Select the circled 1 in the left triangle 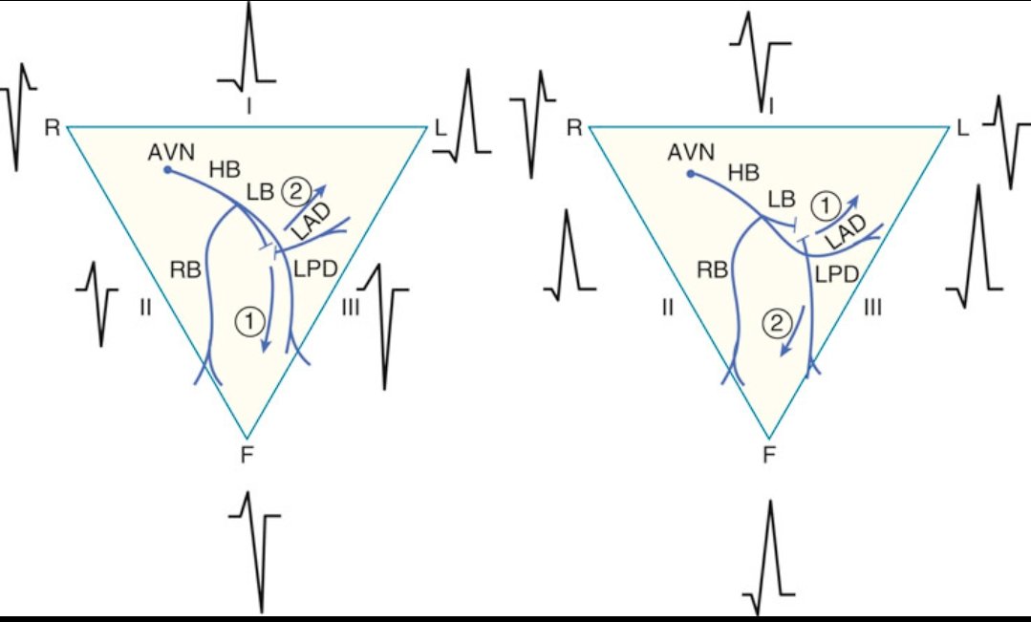pyautogui.click(x=247, y=323)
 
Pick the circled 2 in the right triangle pyautogui.click(x=775, y=323)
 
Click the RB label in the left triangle pyautogui.click(x=185, y=269)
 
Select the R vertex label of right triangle pyautogui.click(x=575, y=126)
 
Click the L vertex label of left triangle pyautogui.click(x=440, y=126)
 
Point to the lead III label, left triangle pyautogui.click(x=350, y=308)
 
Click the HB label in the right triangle pyautogui.click(x=745, y=172)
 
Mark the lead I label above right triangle pyautogui.click(x=770, y=105)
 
